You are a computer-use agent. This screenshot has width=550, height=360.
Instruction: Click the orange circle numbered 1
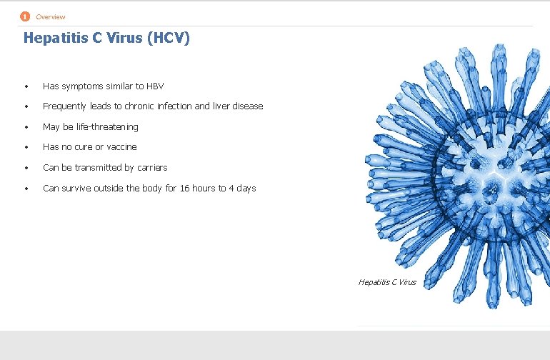[x=26, y=16]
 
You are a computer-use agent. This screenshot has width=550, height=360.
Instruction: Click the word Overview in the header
[x=51, y=17]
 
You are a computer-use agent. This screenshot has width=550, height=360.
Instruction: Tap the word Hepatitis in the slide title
[x=54, y=38]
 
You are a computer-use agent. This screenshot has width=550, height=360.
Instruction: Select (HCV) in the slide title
[x=169, y=38]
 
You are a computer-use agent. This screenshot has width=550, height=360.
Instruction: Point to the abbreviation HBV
[x=155, y=86]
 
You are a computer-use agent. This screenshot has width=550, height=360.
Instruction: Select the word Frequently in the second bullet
[x=64, y=106]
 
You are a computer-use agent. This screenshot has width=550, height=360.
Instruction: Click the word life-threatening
[x=103, y=127]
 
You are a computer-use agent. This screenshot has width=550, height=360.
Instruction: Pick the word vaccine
[x=121, y=147]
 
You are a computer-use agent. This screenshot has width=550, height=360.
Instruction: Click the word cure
[x=85, y=147]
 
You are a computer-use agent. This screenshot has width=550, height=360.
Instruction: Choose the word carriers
[x=151, y=168]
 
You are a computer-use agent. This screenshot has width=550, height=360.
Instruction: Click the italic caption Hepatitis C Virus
[x=387, y=282]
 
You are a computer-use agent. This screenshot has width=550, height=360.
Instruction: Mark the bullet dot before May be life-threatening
[x=26, y=128]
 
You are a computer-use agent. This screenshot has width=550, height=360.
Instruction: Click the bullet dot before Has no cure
[x=26, y=148]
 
